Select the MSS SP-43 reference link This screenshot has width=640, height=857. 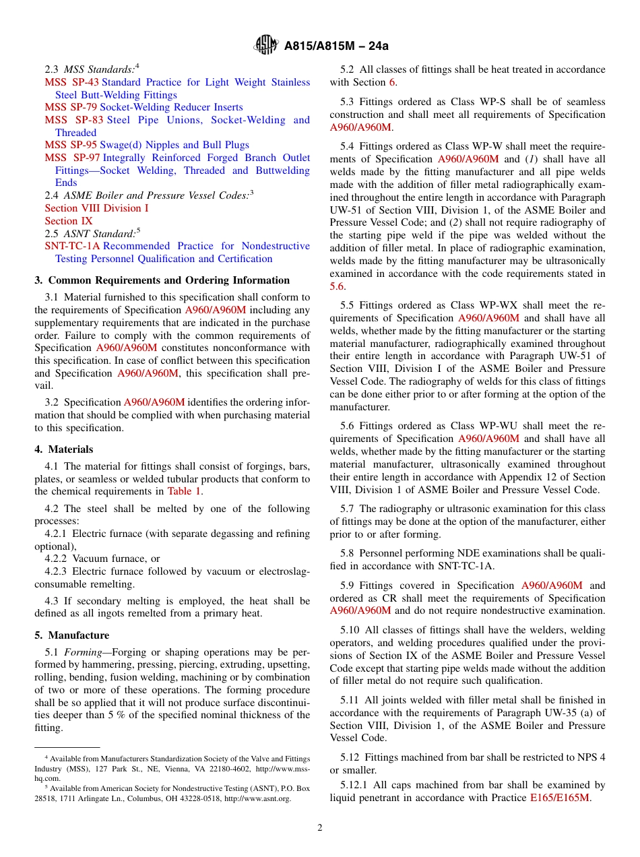(x=71, y=82)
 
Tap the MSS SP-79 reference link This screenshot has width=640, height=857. (x=71, y=107)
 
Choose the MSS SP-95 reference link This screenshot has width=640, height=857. (x=71, y=145)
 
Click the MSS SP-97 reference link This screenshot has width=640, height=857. (x=72, y=158)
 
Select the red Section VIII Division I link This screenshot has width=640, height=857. (x=96, y=208)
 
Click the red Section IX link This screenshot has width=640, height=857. (x=69, y=221)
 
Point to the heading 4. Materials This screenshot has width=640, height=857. (x=64, y=449)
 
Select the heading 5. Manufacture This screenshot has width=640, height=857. (x=71, y=635)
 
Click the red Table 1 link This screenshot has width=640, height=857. (x=184, y=491)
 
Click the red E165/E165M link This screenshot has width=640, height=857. (x=559, y=798)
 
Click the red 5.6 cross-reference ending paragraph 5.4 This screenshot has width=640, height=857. (x=337, y=286)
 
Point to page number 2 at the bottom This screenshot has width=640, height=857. (x=320, y=828)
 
